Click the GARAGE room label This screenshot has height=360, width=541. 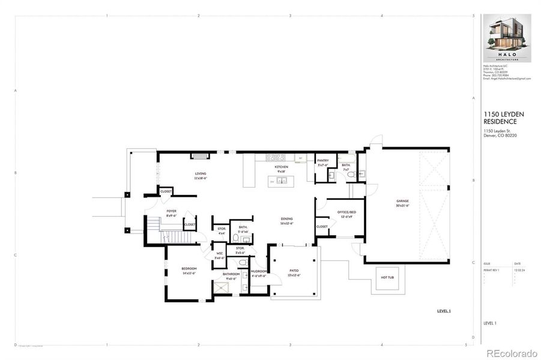tap(402, 201)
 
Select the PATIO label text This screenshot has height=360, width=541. tap(294, 271)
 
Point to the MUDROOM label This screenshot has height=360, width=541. tap(258, 271)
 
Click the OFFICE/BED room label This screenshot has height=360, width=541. tap(346, 212)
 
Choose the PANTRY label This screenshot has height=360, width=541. tap(322, 161)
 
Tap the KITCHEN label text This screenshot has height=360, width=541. tap(282, 167)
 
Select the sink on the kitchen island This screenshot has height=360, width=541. tap(280, 181)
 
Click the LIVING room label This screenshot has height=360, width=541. tap(200, 173)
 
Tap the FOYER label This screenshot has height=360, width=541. tap(172, 211)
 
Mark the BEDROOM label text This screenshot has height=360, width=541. tap(190, 269)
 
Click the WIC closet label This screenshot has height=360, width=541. tap(220, 253)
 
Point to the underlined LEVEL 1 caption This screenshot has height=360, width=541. tap(443, 311)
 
